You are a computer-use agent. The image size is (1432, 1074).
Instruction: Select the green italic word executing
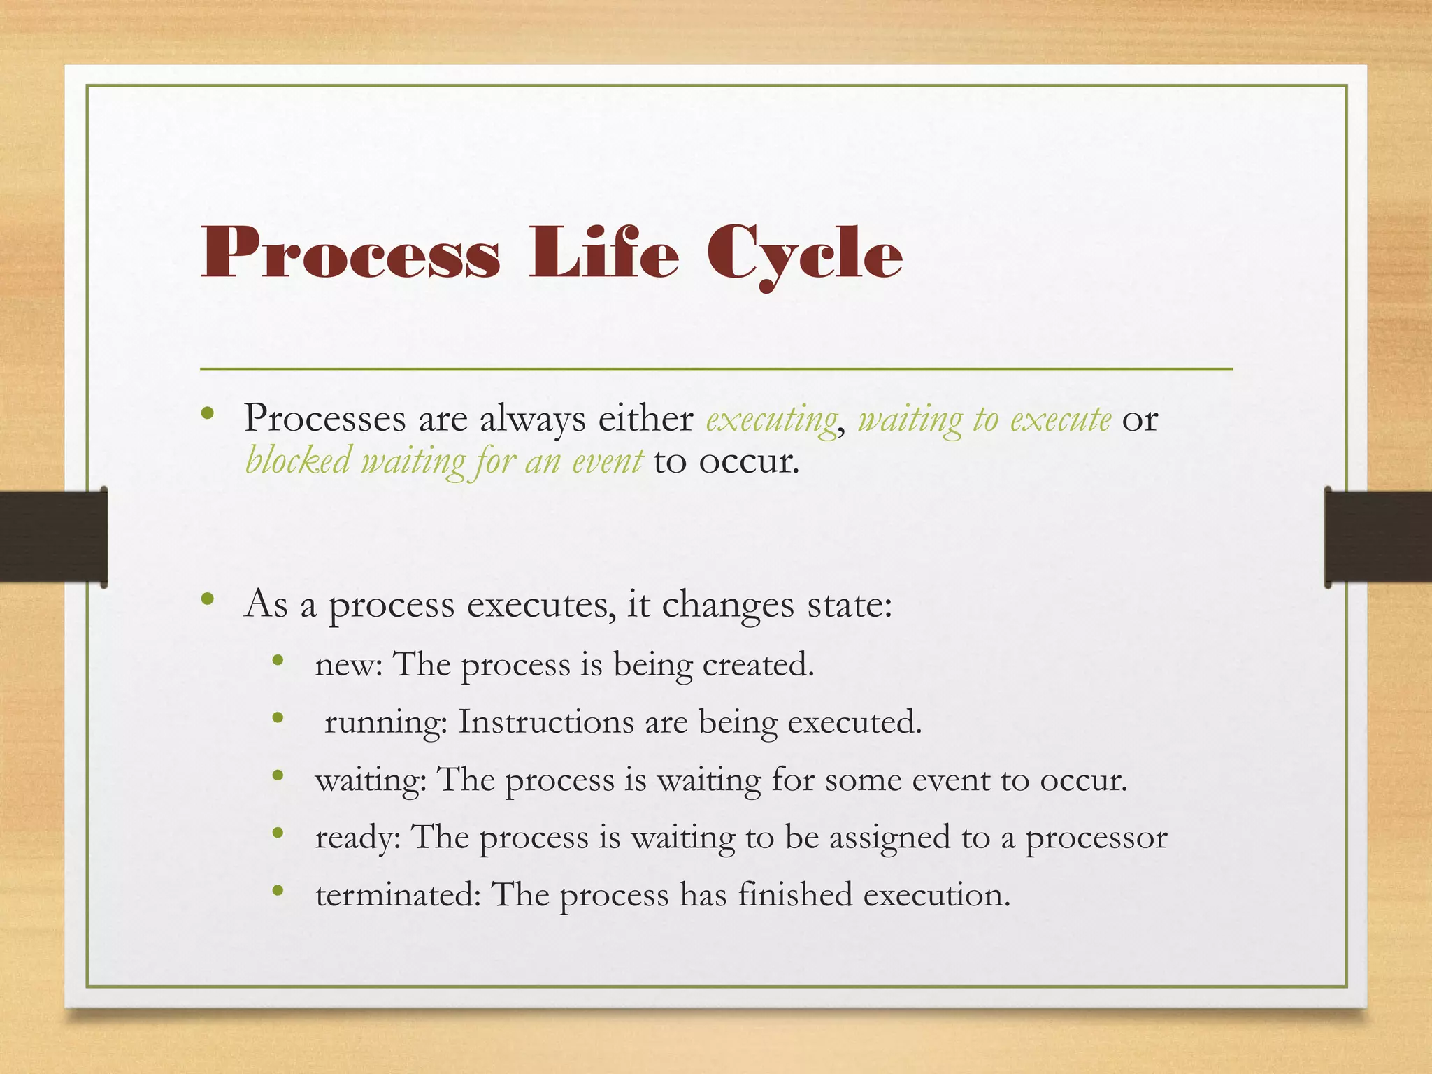coord(771,420)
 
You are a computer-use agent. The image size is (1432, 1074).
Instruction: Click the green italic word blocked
coord(298,461)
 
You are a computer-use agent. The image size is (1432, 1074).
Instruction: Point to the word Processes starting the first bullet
coord(324,420)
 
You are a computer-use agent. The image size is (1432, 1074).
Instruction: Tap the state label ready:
coord(357,838)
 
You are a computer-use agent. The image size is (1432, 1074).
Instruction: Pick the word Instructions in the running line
coord(545,722)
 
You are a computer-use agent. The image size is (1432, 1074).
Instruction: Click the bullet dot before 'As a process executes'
coord(207,599)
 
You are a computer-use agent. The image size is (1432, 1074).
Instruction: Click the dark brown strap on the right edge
coord(1378,536)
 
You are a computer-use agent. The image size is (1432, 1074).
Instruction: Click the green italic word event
coord(606,461)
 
